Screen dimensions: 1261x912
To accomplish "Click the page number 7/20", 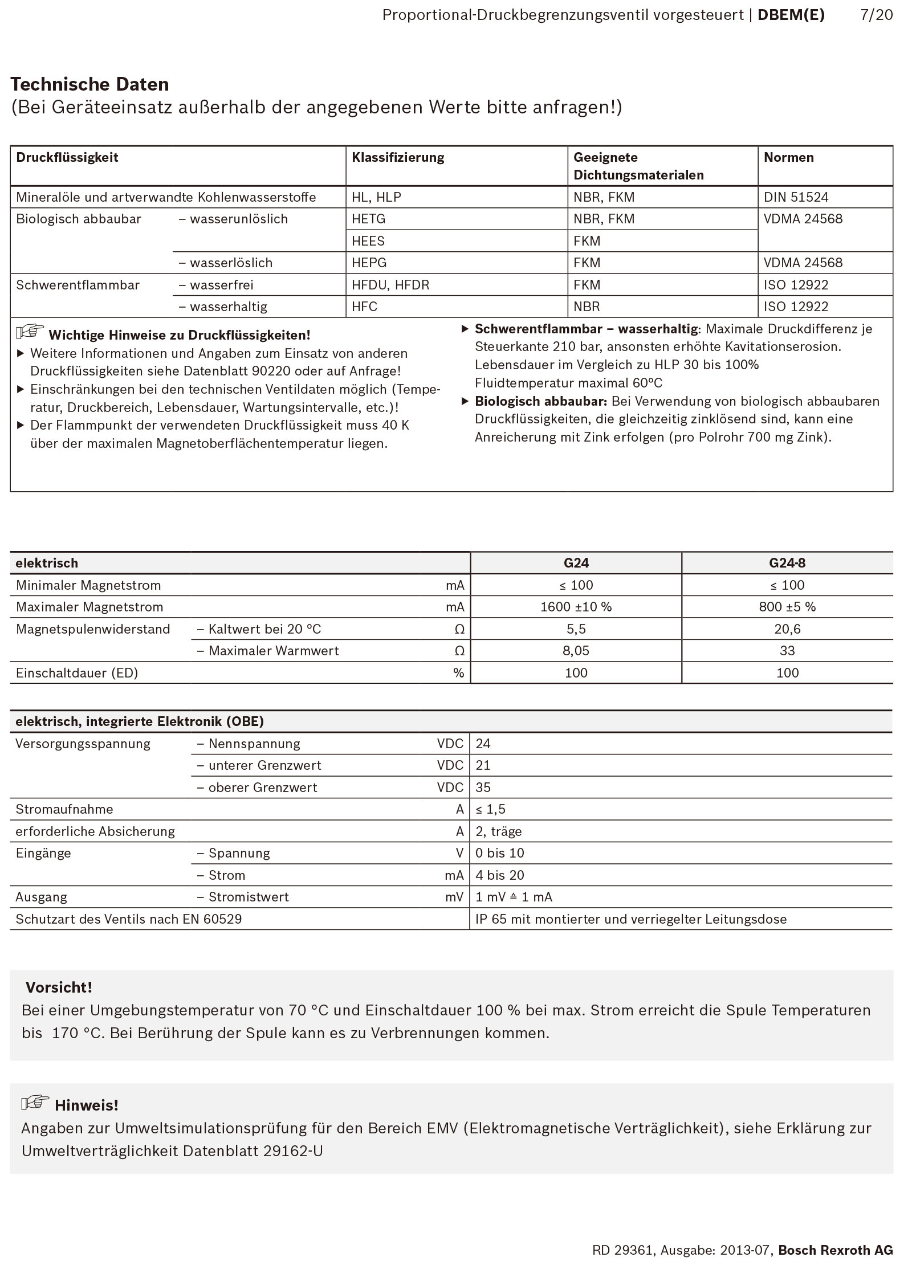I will pos(876,15).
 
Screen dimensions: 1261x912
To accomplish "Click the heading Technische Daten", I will pos(89,84).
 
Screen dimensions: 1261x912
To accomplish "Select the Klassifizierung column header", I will pos(398,157).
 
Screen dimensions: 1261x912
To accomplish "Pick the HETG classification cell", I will pos(369,219).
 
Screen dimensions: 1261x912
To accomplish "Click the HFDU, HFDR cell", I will pos(390,285).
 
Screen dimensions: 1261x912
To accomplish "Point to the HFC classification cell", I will pos(365,307).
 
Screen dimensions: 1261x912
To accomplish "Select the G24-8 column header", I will pos(787,563).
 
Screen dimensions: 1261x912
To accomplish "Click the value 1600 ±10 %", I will pos(576,607).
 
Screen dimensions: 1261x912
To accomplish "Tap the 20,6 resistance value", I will pos(787,629).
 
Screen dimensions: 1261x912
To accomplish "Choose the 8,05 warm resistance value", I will pos(576,651).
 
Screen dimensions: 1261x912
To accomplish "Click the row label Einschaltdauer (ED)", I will pos(77,673).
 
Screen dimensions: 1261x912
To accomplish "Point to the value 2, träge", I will pos(499,831).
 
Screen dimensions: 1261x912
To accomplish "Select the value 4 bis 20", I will pos(500,875).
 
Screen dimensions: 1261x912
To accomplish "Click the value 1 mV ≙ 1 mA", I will pos(514,897).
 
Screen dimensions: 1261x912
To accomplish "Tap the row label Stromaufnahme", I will pos(64,809).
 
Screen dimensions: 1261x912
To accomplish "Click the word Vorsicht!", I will pos(59,987).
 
